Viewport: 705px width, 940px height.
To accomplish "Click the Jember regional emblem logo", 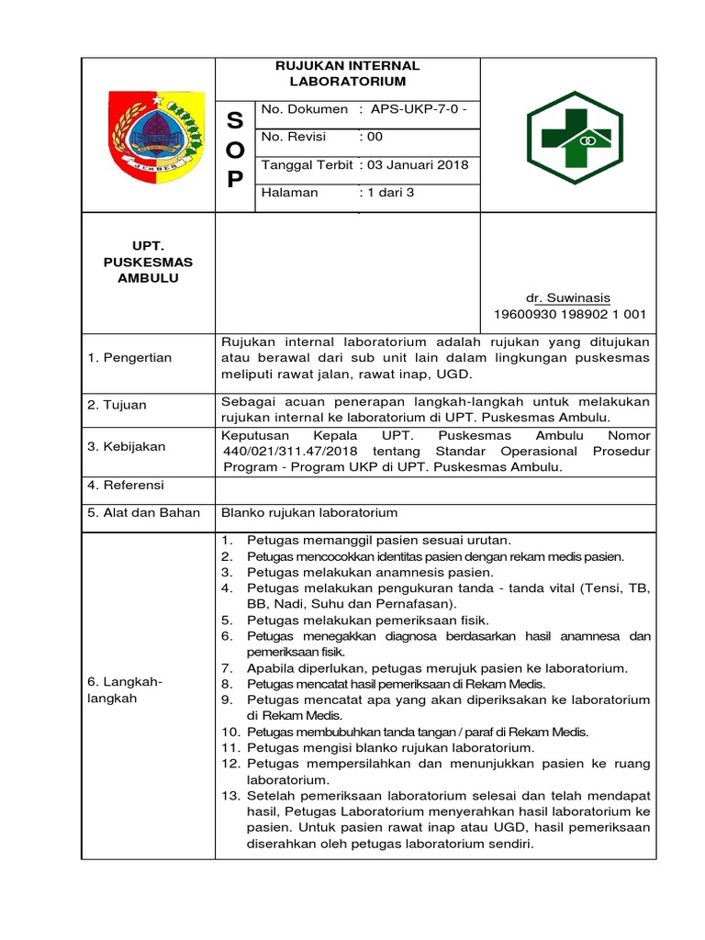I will [x=148, y=134].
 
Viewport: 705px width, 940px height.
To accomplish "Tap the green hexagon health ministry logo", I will [x=567, y=136].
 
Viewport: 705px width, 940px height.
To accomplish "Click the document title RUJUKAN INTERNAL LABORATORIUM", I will [x=348, y=73].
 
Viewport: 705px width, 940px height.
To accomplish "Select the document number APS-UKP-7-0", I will [x=419, y=109].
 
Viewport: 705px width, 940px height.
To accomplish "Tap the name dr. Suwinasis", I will [x=567, y=297].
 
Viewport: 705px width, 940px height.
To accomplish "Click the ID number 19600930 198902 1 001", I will [x=570, y=314].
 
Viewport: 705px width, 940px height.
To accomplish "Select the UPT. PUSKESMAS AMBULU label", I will [x=148, y=263].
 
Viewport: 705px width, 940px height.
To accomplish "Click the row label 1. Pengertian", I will [x=129, y=358].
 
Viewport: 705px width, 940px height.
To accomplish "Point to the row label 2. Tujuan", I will [x=117, y=405].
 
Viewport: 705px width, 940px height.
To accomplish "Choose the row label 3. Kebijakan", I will [x=127, y=446].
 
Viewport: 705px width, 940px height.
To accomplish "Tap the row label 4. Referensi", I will [x=126, y=485].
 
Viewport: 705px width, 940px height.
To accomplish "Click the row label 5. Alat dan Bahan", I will [x=143, y=512].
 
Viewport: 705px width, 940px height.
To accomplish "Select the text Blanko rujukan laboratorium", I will [x=310, y=512].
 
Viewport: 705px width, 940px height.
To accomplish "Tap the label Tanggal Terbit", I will [x=307, y=165].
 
